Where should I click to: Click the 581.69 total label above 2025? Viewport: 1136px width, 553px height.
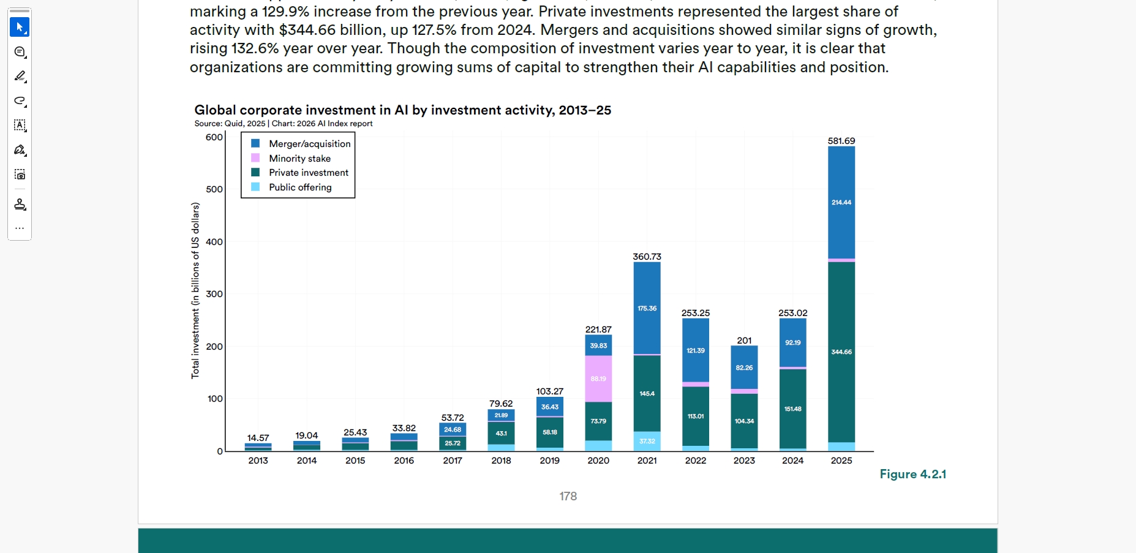(x=841, y=141)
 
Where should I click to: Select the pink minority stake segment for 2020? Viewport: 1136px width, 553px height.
(x=598, y=378)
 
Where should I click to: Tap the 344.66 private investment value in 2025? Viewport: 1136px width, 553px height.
(x=841, y=352)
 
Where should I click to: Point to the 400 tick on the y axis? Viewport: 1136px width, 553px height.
(x=214, y=242)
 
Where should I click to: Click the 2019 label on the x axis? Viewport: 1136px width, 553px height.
(x=549, y=461)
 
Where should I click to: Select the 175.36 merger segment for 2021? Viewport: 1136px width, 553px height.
(x=647, y=309)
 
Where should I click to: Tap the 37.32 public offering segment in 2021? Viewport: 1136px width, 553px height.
(x=647, y=441)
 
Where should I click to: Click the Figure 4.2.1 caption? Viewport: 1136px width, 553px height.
(x=912, y=474)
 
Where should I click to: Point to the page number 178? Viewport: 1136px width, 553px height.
(x=568, y=496)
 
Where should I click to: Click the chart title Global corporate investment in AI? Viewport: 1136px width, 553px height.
(x=402, y=110)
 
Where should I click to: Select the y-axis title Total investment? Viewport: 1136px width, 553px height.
(x=195, y=291)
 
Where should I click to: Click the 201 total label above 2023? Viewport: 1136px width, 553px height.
(x=744, y=340)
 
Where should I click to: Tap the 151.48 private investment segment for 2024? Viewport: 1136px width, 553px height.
(x=792, y=408)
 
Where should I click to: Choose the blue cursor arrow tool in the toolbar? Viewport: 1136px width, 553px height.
(x=20, y=27)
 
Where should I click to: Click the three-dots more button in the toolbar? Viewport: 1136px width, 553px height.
(x=20, y=228)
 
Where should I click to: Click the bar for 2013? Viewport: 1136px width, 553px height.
(x=258, y=447)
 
